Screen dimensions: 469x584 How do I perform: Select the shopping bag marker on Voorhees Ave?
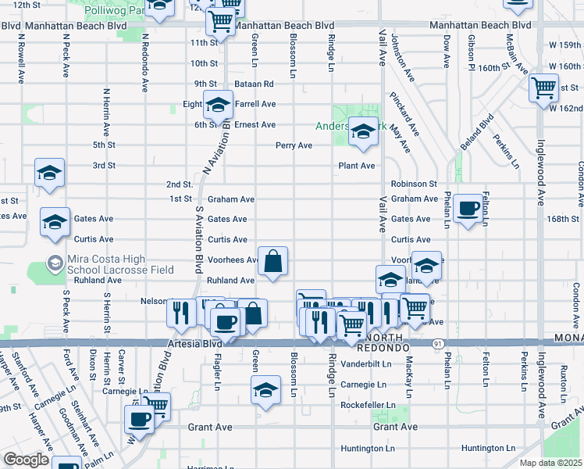273,262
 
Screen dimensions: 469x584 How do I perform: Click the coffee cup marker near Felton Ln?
468,209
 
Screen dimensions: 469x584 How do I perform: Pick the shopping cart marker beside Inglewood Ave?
543,88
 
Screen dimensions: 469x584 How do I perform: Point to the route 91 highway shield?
439,342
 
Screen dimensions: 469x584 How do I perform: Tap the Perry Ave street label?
294,145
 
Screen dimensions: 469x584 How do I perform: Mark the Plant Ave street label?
356,166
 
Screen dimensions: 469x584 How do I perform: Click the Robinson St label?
414,184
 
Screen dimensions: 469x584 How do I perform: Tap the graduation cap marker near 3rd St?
50,174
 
